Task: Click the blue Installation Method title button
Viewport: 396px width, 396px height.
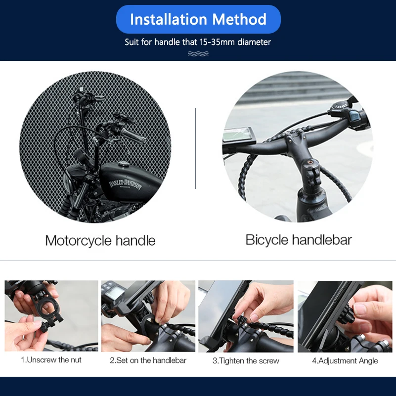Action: click(x=198, y=20)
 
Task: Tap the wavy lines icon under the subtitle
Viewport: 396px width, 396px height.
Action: click(x=198, y=53)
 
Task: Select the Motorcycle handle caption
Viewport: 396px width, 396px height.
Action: click(x=100, y=241)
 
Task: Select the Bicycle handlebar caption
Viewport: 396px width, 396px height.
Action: click(x=299, y=240)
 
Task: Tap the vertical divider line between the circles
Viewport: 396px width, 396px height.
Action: click(x=196, y=148)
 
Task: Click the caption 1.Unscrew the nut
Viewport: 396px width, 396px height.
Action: click(x=51, y=360)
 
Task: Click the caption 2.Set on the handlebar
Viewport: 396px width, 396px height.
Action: click(x=148, y=360)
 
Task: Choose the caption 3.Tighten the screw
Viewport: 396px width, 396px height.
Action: click(x=246, y=361)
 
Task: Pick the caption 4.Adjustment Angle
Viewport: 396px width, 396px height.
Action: click(x=345, y=361)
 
